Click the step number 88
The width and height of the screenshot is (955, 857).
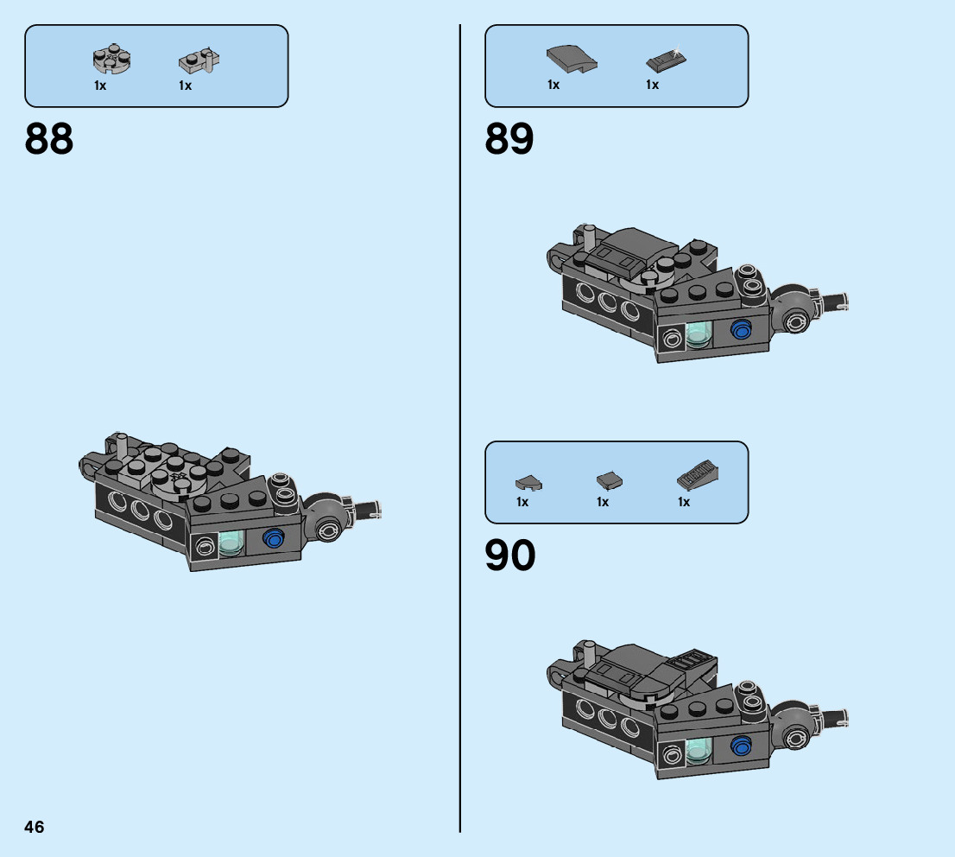tap(49, 139)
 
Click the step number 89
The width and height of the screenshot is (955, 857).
tap(509, 139)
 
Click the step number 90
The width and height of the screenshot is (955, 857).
tap(509, 556)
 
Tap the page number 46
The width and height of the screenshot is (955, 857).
tap(35, 827)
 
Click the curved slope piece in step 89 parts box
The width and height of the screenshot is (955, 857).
tap(571, 60)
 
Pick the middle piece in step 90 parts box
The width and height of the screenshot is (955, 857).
tap(610, 480)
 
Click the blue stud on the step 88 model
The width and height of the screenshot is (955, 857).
tap(275, 538)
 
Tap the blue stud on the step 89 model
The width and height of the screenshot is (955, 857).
tap(740, 329)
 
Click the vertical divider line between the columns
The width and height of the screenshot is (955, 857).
tap(460, 432)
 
